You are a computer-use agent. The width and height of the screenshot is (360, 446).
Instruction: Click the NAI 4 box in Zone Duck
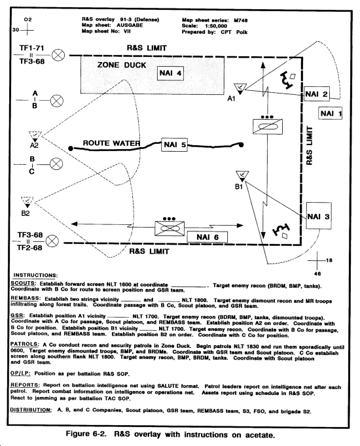[170, 73]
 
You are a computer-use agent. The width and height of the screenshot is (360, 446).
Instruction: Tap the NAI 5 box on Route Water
[175, 145]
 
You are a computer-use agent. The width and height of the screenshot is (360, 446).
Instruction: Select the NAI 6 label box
[207, 237]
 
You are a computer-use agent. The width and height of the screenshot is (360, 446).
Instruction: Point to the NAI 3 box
[319, 216]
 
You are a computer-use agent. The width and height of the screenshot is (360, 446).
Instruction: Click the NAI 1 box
[330, 114]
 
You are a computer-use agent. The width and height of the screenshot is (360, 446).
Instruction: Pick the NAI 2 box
[317, 94]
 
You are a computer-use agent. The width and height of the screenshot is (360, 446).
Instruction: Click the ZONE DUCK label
[122, 65]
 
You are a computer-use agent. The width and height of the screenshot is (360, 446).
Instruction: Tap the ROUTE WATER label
[111, 143]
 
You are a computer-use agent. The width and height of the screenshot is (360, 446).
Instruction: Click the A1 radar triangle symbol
[240, 88]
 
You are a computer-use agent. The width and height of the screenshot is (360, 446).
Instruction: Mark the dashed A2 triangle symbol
[35, 136]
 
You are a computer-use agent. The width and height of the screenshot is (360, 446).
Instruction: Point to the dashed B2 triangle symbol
[27, 202]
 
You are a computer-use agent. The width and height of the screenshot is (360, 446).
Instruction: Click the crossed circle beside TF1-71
[58, 55]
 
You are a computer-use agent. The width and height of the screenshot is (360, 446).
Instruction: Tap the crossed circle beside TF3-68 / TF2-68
[52, 241]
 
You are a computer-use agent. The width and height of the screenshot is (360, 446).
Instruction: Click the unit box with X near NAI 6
[170, 228]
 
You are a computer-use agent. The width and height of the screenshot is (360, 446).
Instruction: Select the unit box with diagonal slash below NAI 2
[268, 126]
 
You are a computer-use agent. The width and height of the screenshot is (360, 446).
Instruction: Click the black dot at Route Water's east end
[241, 145]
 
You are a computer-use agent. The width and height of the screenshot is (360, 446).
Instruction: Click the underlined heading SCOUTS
[23, 284]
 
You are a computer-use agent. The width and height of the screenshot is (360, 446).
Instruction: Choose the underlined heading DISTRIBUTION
[31, 410]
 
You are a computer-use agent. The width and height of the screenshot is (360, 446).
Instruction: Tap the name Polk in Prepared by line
[242, 32]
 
